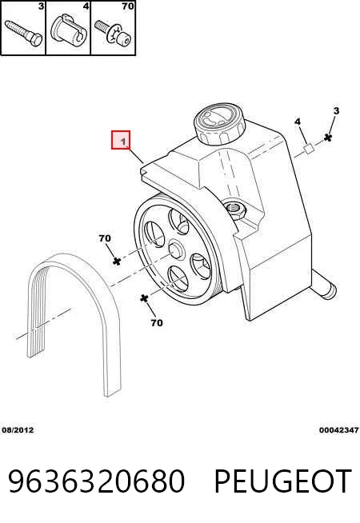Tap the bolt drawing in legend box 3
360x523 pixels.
(23, 33)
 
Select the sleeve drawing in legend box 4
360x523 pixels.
(69, 31)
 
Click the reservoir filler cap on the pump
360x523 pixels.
(219, 123)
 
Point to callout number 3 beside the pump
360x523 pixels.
(336, 110)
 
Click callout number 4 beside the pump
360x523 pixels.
(298, 122)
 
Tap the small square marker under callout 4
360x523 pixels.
(309, 149)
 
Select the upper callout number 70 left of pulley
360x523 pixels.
(105, 238)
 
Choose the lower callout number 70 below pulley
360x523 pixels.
(157, 323)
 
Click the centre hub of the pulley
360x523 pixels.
(175, 250)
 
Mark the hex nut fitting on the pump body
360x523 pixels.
(236, 210)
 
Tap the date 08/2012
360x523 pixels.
(18, 430)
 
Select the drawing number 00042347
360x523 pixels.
(338, 430)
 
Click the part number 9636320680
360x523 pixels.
(97, 481)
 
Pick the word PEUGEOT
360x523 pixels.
(283, 481)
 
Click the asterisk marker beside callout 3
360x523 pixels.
(328, 138)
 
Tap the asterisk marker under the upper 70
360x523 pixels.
(117, 261)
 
